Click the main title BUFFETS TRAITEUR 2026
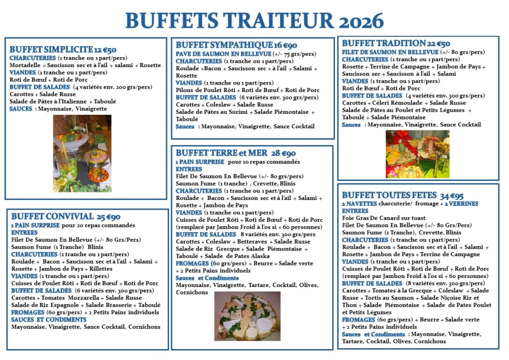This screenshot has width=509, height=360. [x=254, y=20]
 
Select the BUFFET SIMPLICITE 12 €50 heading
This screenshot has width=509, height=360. [x=63, y=50]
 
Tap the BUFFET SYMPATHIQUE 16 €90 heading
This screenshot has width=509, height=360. [x=236, y=45]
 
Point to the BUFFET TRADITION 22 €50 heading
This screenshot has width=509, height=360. [x=396, y=44]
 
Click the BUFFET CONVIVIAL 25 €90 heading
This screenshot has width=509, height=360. [x=65, y=217]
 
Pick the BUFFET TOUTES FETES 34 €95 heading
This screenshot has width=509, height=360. [x=403, y=195]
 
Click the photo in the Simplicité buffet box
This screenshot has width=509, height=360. [x=82, y=154]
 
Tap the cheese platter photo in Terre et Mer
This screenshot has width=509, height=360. [x=248, y=315]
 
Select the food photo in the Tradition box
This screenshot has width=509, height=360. [x=418, y=154]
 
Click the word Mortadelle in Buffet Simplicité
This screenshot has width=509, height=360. [x=25, y=65]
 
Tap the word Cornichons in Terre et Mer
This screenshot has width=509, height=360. [x=192, y=292]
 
